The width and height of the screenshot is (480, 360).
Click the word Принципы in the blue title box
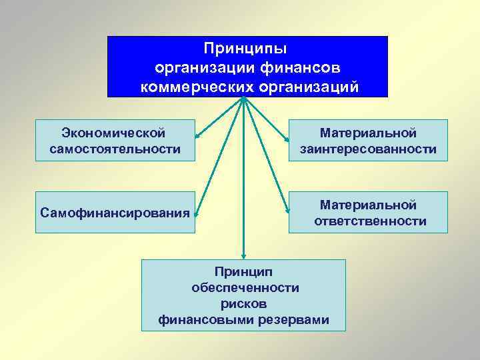246,49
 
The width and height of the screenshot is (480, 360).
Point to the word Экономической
113,133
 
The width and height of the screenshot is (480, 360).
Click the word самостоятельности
115,148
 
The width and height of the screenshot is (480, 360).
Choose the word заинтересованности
368,149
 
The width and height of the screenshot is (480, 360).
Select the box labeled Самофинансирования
115,213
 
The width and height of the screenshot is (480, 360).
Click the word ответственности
370,221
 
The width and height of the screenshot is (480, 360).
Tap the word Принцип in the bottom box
244,271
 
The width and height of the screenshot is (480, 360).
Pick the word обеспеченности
245,287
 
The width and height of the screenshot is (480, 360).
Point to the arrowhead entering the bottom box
244,257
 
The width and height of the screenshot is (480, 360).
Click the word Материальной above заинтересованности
368,133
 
